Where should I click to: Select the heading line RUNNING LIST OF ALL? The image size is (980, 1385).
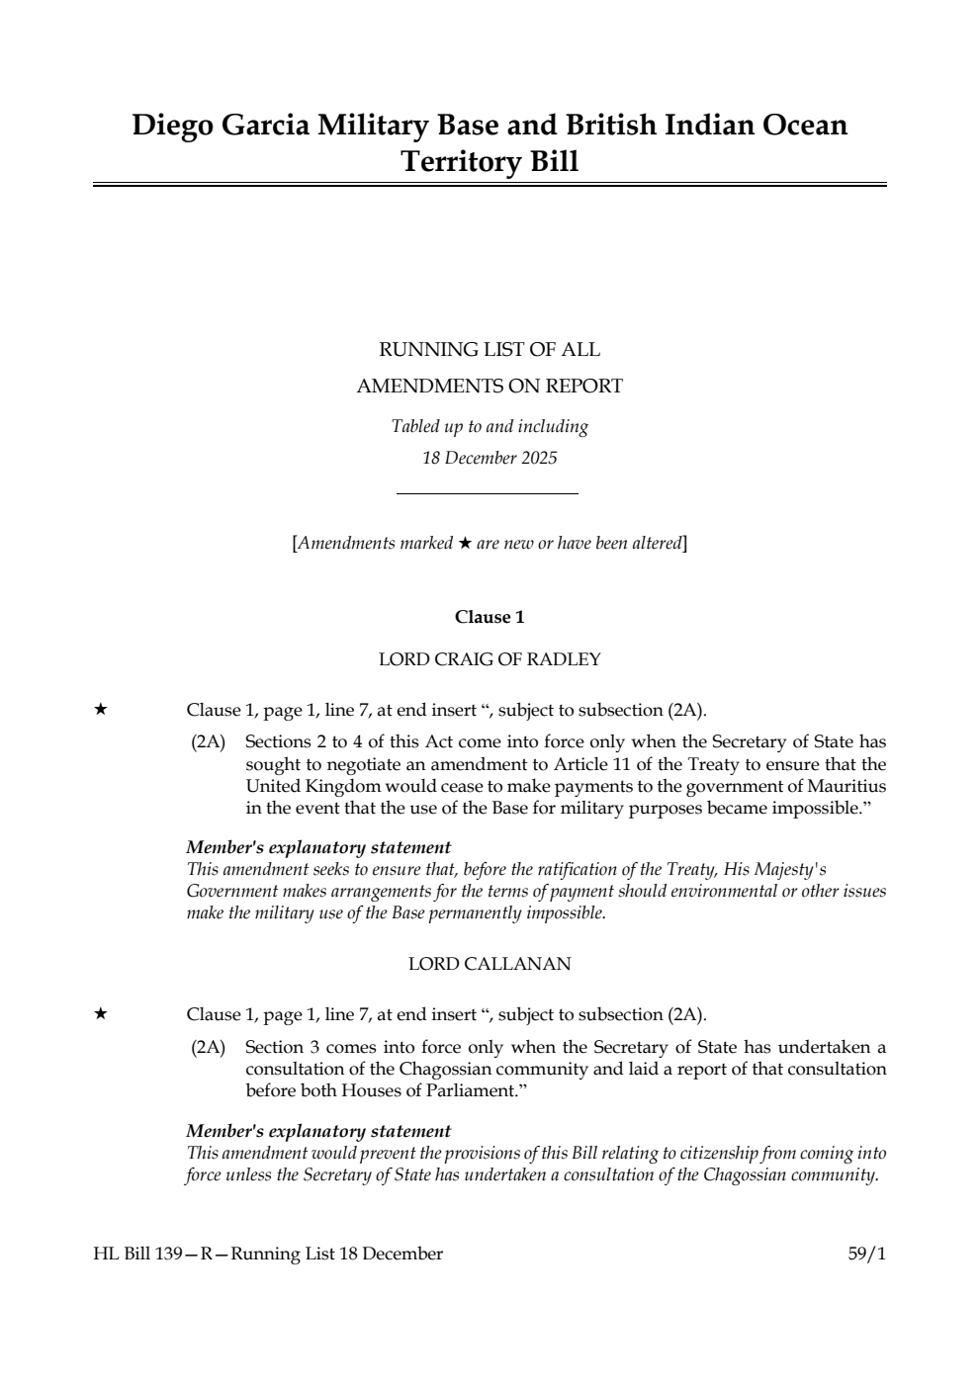pos(490,349)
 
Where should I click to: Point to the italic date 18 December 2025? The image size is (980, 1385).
pos(490,458)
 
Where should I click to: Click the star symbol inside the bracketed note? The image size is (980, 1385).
pos(465,543)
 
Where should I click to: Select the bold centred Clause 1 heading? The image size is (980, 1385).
pos(490,617)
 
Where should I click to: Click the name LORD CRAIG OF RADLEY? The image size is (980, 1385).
pos(490,659)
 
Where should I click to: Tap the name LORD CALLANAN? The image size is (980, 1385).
pos(490,964)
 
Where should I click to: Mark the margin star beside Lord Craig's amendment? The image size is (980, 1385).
pos(100,710)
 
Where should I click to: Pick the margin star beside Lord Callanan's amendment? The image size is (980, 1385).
pos(100,1014)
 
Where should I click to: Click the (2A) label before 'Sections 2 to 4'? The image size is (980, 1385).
pos(208,741)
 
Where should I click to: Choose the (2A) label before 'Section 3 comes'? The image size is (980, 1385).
pos(208,1047)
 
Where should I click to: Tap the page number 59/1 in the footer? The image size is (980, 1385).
pos(866,1254)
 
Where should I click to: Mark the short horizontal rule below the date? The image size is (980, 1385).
pos(487,493)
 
